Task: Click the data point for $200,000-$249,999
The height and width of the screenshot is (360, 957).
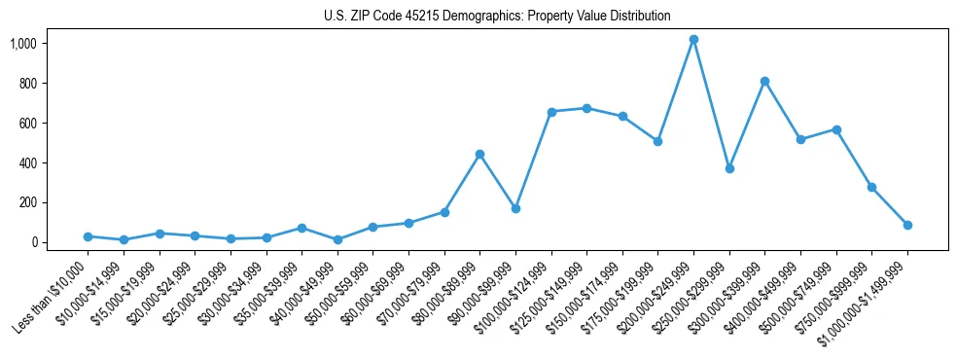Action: pyautogui.click(x=693, y=40)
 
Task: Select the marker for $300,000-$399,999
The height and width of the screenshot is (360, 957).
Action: pyautogui.click(x=765, y=82)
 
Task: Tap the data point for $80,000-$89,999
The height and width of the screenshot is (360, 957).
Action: pyautogui.click(x=479, y=154)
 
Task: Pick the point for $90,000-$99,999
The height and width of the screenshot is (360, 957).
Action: pyautogui.click(x=515, y=208)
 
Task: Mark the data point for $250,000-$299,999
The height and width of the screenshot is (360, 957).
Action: pyautogui.click(x=729, y=168)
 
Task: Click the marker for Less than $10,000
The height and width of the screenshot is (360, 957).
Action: pyautogui.click(x=88, y=236)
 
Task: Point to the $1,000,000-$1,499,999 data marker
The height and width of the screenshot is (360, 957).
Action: pyautogui.click(x=907, y=225)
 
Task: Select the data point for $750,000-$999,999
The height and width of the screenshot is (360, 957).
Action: pyautogui.click(x=871, y=187)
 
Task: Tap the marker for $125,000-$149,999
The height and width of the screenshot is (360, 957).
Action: pyautogui.click(x=586, y=108)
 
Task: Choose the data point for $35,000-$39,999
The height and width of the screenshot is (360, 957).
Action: pyautogui.click(x=301, y=228)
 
